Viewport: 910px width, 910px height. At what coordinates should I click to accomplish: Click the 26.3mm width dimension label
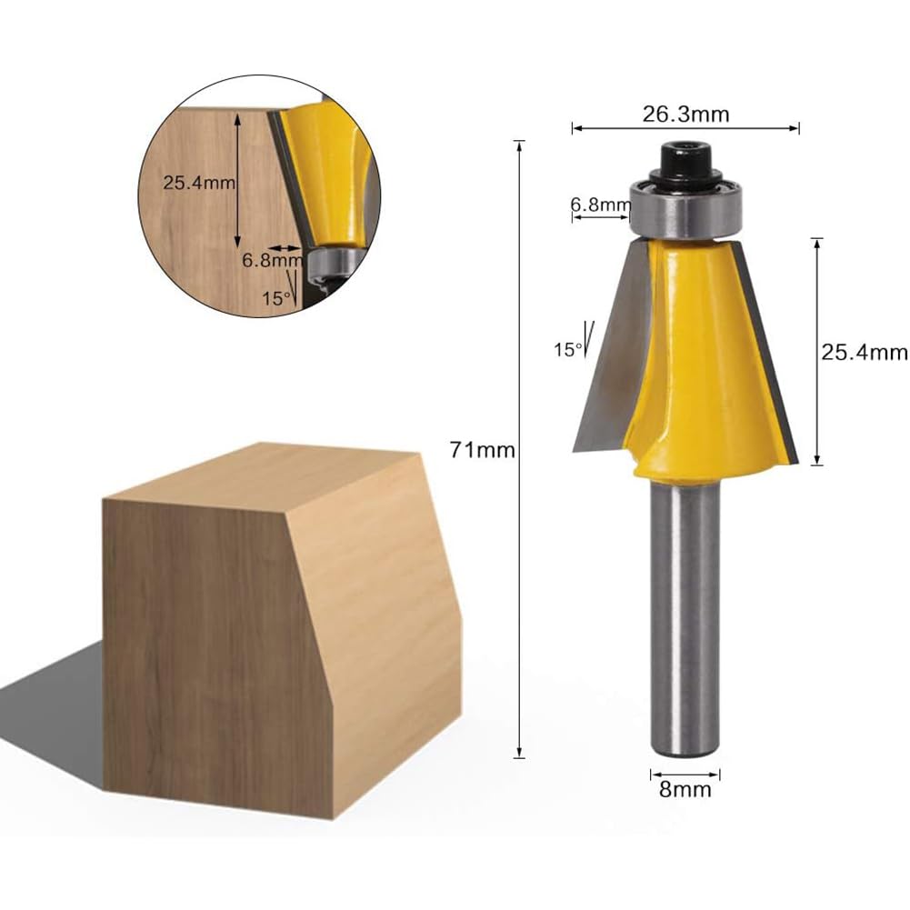coord(685,115)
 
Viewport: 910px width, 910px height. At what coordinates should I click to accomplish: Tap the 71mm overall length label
coord(483,450)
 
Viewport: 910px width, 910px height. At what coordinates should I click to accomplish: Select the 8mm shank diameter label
coord(685,789)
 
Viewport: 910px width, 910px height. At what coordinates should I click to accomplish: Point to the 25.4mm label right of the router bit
coord(865,353)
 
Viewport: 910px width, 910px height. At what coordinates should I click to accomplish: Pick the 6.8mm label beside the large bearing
coord(601,205)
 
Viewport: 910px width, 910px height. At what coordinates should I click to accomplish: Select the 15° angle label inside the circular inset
coord(275,299)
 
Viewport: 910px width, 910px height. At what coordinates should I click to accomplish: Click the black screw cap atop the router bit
coord(685,159)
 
